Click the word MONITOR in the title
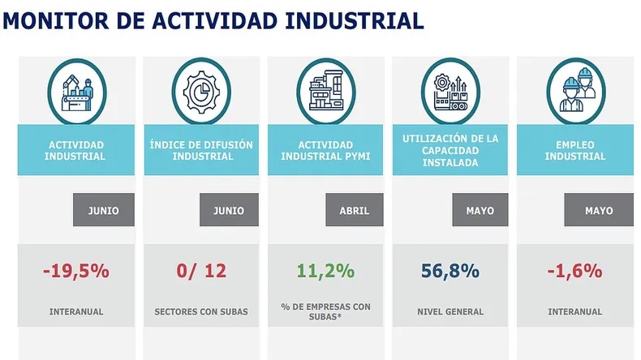pyautogui.click(x=56, y=21)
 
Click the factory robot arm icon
pyautogui.click(x=77, y=92)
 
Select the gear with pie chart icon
pyautogui.click(x=201, y=92)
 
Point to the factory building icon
pyautogui.click(x=326, y=91)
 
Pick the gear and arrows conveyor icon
pyautogui.click(x=450, y=92)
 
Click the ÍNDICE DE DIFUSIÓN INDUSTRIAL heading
pyautogui.click(x=201, y=150)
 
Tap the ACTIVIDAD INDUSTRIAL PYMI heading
pyautogui.click(x=325, y=150)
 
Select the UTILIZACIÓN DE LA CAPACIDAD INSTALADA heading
pyautogui.click(x=450, y=150)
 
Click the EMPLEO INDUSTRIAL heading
pyautogui.click(x=574, y=150)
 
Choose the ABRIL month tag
pyautogui.click(x=355, y=210)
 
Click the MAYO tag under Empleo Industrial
pyautogui.click(x=599, y=210)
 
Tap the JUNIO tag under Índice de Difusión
pyautogui.click(x=229, y=210)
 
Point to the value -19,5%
pyautogui.click(x=76, y=271)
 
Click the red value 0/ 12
pyautogui.click(x=201, y=271)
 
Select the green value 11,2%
pyautogui.click(x=325, y=272)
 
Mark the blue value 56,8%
pyautogui.click(x=450, y=272)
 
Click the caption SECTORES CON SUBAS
pyautogui.click(x=201, y=312)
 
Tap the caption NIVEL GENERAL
pyautogui.click(x=450, y=312)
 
